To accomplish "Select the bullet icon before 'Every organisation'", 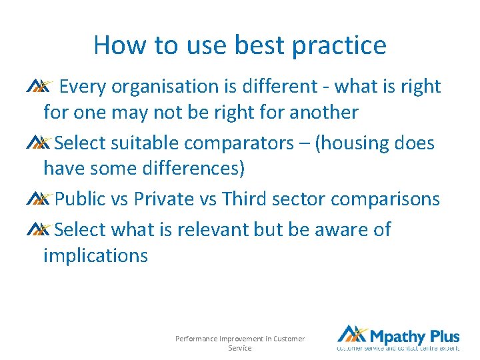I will [38, 86].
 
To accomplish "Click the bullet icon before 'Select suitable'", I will [38, 143].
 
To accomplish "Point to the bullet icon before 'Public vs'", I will [38, 199].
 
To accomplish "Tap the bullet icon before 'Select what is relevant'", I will [38, 229].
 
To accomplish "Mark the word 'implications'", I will [95, 255].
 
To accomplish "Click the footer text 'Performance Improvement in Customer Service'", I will [240, 343].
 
